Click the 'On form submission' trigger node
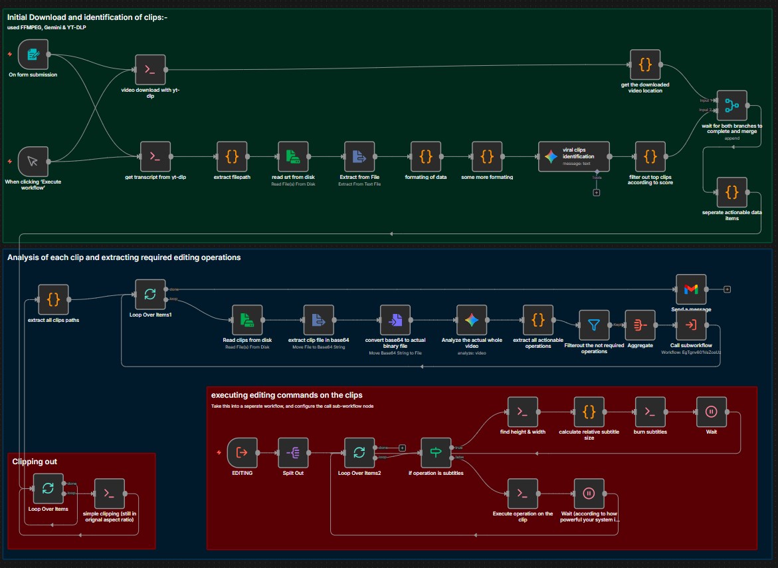pyautogui.click(x=33, y=54)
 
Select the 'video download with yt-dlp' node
pyautogui.click(x=150, y=69)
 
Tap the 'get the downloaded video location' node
pyautogui.click(x=644, y=65)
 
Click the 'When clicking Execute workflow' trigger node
pyautogui.click(x=33, y=162)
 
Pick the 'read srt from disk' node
pyautogui.click(x=293, y=156)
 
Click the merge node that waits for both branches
pyautogui.click(x=731, y=106)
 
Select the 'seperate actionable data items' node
pyautogui.click(x=731, y=192)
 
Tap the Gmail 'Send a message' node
pyautogui.click(x=691, y=289)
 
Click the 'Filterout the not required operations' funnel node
pyautogui.click(x=594, y=325)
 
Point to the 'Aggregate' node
pyautogui.click(x=640, y=325)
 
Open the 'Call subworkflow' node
pyautogui.click(x=691, y=325)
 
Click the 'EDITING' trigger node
pyautogui.click(x=242, y=453)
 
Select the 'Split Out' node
pyautogui.click(x=293, y=453)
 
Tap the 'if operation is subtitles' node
pyautogui.click(x=436, y=453)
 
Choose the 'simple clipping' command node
pyautogui.click(x=109, y=494)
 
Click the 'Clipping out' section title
pyautogui.click(x=35, y=461)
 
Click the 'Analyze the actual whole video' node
pyautogui.click(x=472, y=320)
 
